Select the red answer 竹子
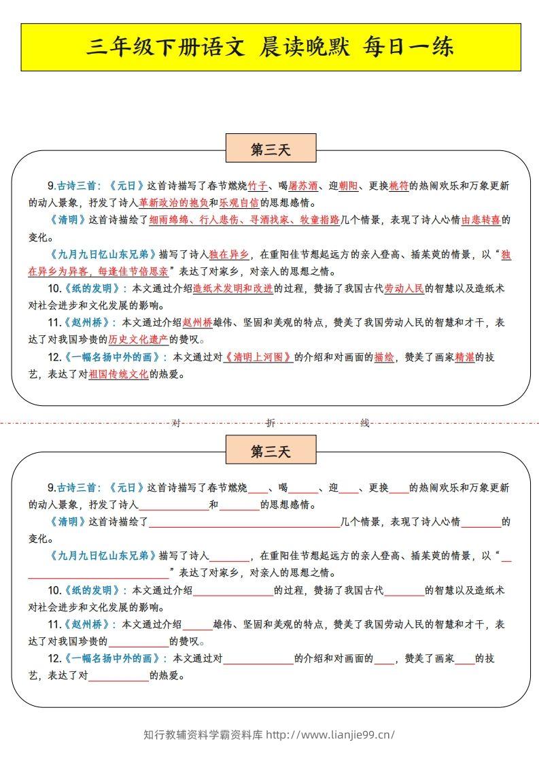[x=258, y=186]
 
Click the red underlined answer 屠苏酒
[x=303, y=186]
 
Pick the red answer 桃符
[x=398, y=186]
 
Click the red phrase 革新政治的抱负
[x=173, y=203]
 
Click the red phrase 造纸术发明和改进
[x=233, y=288]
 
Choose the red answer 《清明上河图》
[x=258, y=356]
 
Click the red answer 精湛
[x=465, y=356]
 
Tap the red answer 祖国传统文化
[x=118, y=373]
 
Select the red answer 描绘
[x=384, y=356]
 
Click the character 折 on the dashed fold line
[x=271, y=423]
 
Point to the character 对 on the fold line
[x=176, y=423]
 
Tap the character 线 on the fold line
[x=364, y=423]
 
